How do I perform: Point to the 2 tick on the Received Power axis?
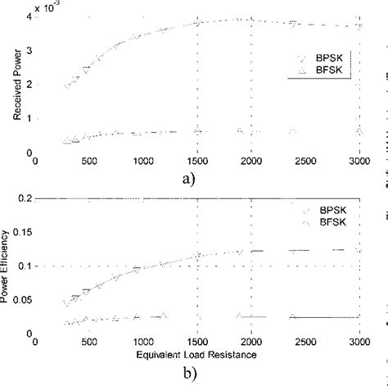[29, 84]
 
